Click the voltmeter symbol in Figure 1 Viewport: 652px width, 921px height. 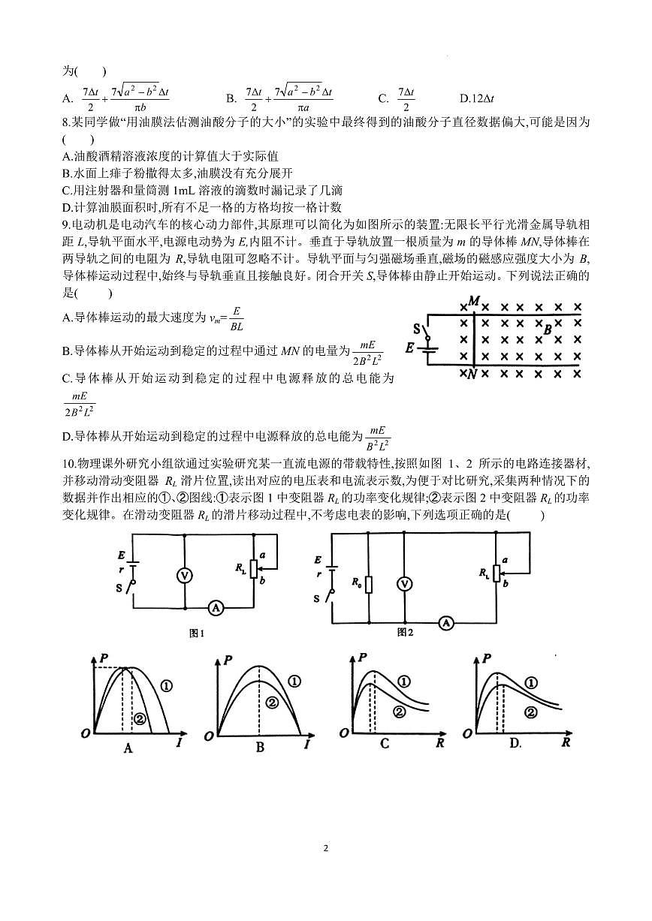[185, 575]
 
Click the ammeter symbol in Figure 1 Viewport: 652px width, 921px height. [216, 608]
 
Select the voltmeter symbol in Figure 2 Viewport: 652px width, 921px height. [405, 583]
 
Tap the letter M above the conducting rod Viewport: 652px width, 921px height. [474, 301]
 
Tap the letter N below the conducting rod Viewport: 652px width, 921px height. [472, 375]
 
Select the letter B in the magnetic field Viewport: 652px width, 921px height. [548, 329]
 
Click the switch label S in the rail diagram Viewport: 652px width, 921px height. [416, 328]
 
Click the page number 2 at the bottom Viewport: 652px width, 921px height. [325, 849]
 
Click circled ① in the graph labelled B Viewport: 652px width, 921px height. [294, 682]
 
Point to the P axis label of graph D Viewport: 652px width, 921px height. [489, 659]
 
